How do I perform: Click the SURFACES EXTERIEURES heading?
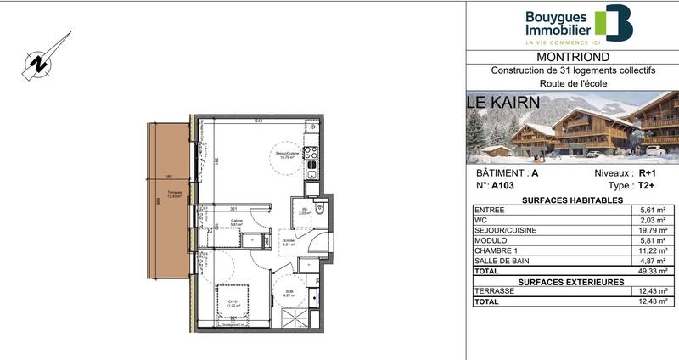570,281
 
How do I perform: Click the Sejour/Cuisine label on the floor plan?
284,155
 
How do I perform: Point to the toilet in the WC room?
319,209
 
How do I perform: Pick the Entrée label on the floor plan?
289,242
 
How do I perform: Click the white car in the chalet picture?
655,151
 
